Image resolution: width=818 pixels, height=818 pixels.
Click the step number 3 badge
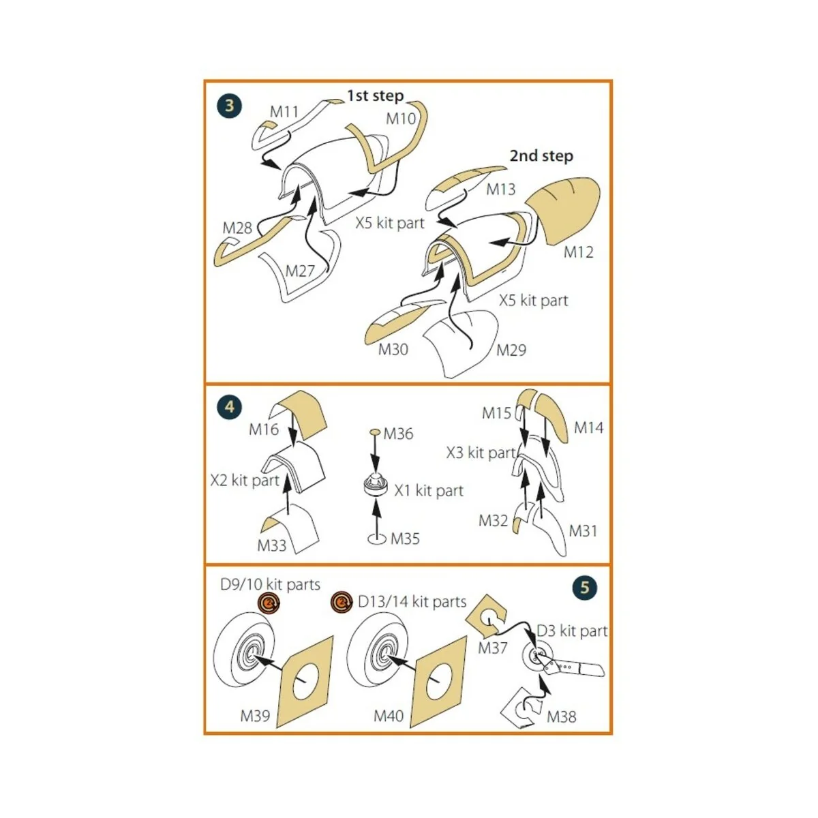click(x=230, y=105)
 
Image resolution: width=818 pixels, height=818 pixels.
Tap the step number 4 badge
click(x=230, y=407)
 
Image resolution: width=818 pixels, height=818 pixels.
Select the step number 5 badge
click(x=584, y=587)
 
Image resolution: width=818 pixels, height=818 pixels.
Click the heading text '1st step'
click(x=375, y=95)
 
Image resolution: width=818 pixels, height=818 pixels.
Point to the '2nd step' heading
click(x=541, y=155)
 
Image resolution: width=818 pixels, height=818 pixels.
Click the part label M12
click(x=578, y=252)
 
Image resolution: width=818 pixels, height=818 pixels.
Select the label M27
click(x=300, y=271)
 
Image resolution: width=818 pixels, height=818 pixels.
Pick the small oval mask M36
click(x=375, y=431)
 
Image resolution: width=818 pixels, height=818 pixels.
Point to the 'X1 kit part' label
click(x=429, y=491)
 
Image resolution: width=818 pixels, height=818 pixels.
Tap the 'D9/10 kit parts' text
click(x=270, y=584)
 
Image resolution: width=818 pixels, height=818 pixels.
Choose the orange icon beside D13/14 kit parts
click(x=342, y=602)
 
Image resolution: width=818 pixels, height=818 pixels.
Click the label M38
click(x=561, y=717)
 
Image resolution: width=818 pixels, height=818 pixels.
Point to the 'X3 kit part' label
click(x=481, y=453)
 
